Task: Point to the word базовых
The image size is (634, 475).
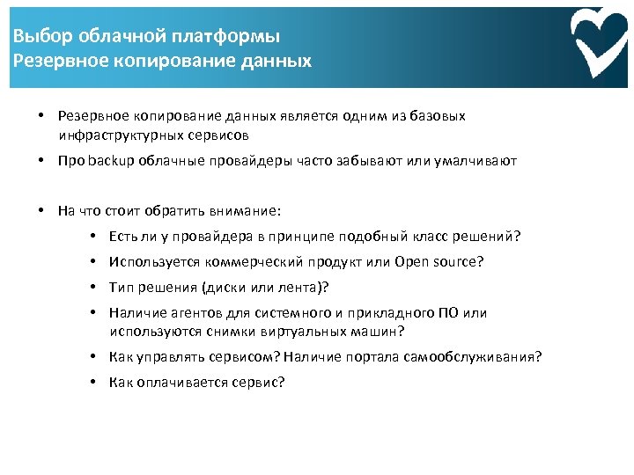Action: point(437,116)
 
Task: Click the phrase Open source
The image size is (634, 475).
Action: point(439,262)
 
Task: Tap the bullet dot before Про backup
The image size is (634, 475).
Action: point(42,161)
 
